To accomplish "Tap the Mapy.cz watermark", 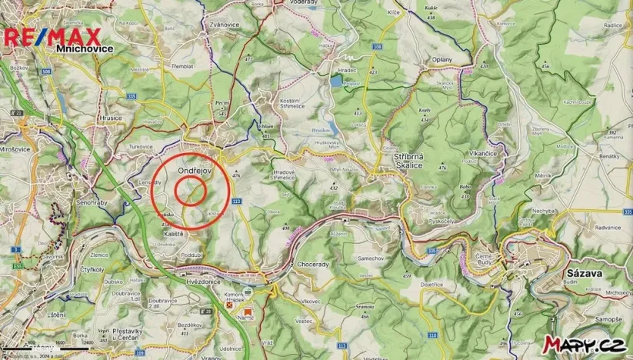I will tap(583, 344).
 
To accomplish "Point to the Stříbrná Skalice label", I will tap(403, 161).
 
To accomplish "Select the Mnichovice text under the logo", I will tap(85, 48).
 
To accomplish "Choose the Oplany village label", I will tap(442, 58).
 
